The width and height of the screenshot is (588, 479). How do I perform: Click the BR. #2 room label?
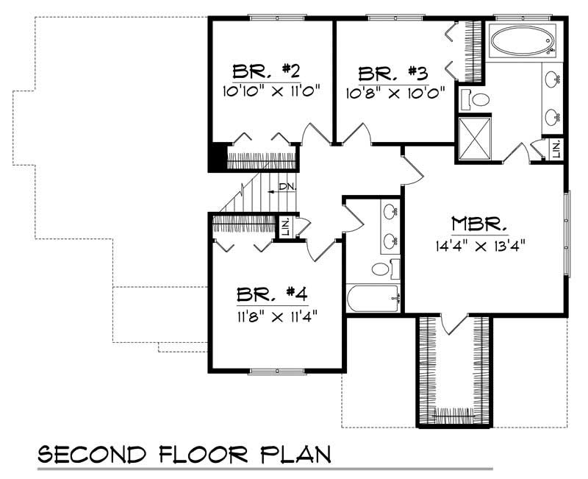tap(267, 71)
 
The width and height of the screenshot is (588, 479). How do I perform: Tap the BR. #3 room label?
tap(393, 74)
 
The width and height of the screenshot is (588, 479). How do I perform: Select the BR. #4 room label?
tap(272, 294)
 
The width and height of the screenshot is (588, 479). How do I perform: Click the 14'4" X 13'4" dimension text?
tap(480, 246)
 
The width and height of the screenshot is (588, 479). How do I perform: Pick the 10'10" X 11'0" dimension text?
tap(271, 91)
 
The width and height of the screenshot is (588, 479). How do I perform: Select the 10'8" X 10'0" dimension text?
tap(395, 93)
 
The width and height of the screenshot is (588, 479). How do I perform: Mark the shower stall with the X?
tap(475, 139)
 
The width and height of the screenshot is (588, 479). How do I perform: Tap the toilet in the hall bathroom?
tap(385, 269)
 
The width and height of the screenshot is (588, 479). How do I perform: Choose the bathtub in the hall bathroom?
tap(373, 299)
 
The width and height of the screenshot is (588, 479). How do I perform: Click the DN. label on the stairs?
tap(287, 187)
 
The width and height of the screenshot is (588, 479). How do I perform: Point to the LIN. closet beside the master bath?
tap(556, 149)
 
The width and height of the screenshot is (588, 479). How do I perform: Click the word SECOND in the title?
tap(93, 454)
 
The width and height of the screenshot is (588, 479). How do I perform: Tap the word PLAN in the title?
tap(295, 454)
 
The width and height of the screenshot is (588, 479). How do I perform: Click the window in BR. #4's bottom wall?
tap(277, 371)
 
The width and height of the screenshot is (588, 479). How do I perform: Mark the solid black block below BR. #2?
tap(218, 157)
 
